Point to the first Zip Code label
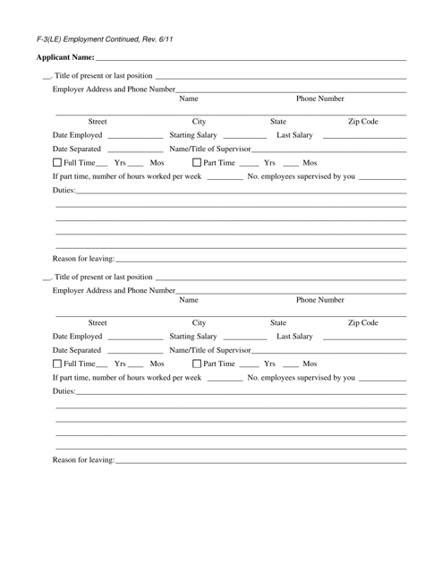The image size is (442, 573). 362,120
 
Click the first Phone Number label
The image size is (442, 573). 319,98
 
